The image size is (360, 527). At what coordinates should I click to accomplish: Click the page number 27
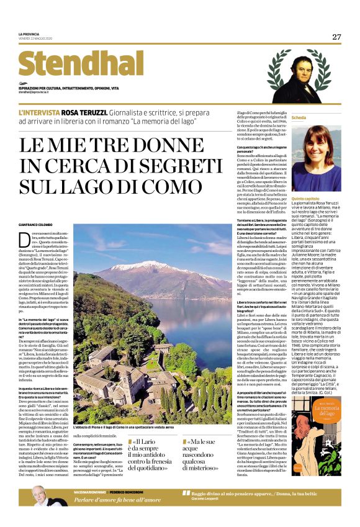[336, 37]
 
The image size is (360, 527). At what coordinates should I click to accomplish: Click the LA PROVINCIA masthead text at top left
[29, 34]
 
